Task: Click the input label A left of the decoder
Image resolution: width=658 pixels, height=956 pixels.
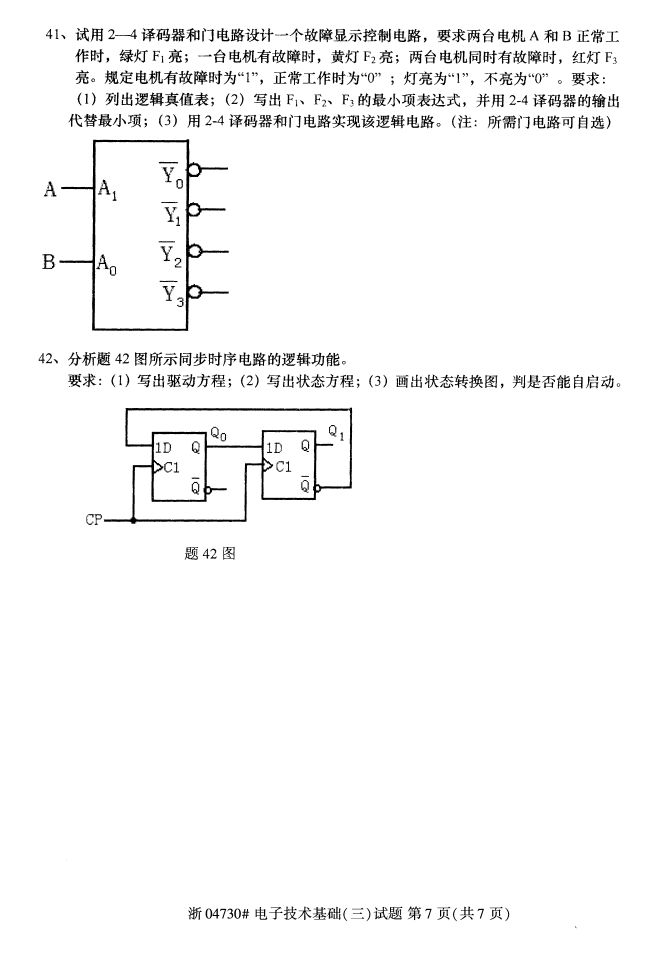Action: click(x=50, y=187)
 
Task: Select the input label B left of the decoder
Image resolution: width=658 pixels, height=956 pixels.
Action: click(x=48, y=263)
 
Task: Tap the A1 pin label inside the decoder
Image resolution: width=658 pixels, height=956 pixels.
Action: click(x=107, y=189)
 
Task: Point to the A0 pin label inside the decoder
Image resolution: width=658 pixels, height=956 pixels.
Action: click(x=107, y=265)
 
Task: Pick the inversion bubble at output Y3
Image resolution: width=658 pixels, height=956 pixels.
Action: click(x=194, y=292)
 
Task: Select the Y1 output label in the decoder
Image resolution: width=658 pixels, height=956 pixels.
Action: click(x=172, y=213)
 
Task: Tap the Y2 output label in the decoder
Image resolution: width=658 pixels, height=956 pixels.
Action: click(x=172, y=254)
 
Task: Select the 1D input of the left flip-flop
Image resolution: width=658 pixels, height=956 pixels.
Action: click(x=163, y=447)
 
